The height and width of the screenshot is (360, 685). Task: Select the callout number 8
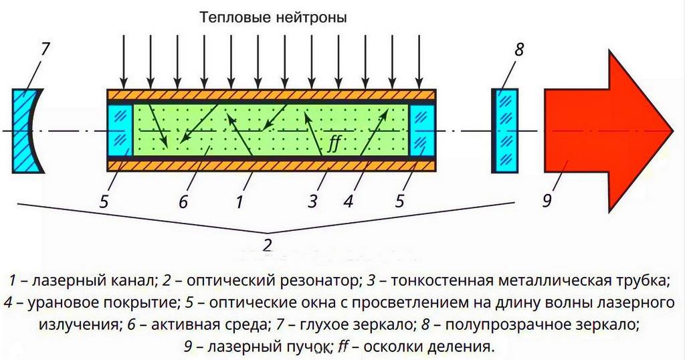[x=519, y=50]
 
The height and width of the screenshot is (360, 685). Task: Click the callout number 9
[x=547, y=199]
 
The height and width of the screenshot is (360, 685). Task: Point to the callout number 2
[x=267, y=244]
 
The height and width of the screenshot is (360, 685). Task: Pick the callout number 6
[x=183, y=200]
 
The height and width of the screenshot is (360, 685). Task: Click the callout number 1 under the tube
[x=239, y=200]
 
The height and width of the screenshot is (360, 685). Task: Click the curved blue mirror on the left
[x=25, y=130]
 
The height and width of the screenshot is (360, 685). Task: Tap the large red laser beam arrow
[x=602, y=130]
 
